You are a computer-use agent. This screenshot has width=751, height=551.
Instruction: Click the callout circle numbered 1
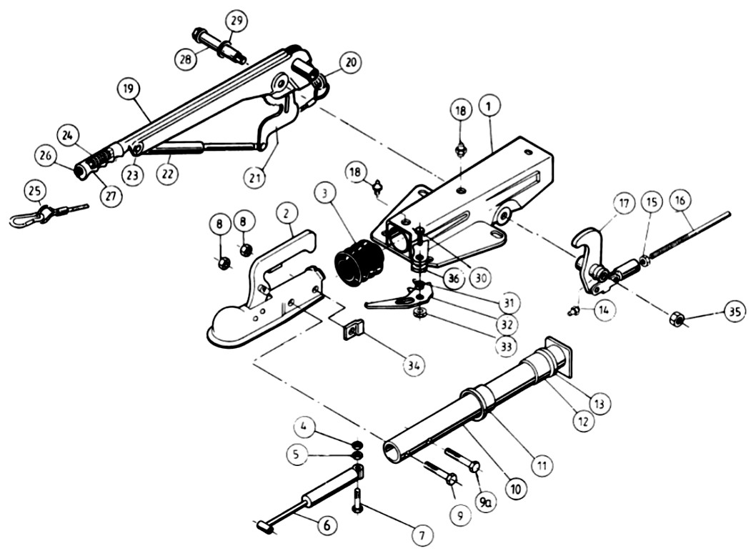488,107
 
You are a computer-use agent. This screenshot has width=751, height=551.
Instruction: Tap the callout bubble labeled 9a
485,501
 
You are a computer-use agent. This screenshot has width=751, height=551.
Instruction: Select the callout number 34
414,365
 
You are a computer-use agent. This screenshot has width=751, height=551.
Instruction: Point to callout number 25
34,192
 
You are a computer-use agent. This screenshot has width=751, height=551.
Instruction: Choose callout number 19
129,89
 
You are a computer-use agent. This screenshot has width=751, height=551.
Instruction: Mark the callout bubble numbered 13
600,403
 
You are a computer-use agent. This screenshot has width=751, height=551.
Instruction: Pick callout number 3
326,194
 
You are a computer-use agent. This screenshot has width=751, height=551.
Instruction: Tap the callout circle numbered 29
237,21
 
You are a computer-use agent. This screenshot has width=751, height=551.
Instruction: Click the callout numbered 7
422,534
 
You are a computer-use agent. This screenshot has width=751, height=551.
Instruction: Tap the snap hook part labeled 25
49,214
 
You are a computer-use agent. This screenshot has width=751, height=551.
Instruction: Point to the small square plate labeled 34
354,329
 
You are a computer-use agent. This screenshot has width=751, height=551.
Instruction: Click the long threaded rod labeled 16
688,236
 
